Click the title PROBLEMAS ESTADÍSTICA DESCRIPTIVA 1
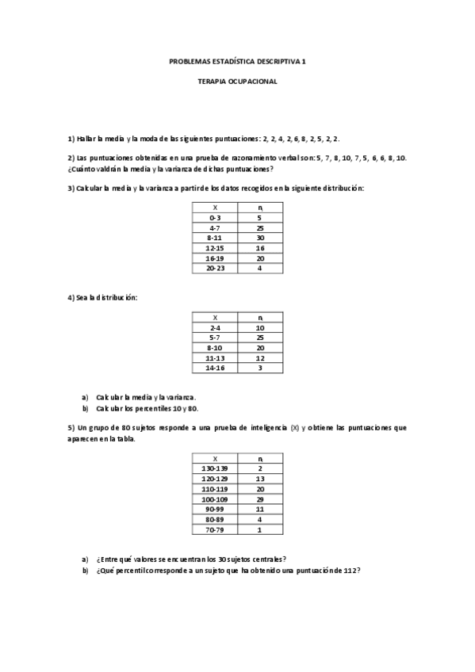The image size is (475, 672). (x=237, y=60)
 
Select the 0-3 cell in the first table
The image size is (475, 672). (x=215, y=217)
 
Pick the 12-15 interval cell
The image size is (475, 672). (x=215, y=248)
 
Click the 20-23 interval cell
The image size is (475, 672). (x=215, y=269)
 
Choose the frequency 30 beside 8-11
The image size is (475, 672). (x=259, y=238)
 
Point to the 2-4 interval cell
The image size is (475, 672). (x=215, y=327)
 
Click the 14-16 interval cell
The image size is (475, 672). (x=215, y=368)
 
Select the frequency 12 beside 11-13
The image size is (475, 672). (x=259, y=358)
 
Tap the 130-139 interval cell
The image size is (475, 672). (x=215, y=468)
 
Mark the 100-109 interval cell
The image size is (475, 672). (x=215, y=499)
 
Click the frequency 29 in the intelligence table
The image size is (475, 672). (x=259, y=499)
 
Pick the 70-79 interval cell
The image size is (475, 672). (x=215, y=530)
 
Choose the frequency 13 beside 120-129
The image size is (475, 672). (x=259, y=479)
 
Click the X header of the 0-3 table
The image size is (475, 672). (x=215, y=207)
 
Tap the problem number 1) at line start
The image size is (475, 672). (x=71, y=139)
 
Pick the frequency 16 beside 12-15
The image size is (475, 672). (x=259, y=248)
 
